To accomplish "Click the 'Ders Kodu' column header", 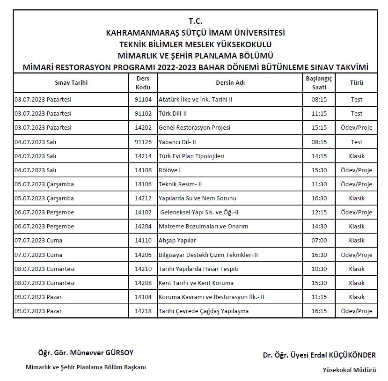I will (x=143, y=83).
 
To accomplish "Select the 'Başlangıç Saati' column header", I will (x=319, y=83).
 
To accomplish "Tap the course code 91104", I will (x=143, y=99).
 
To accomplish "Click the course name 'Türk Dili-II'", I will (x=173, y=113).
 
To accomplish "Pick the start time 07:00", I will (x=319, y=240).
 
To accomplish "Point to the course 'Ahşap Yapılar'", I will (x=177, y=240).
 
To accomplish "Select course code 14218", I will (x=143, y=311).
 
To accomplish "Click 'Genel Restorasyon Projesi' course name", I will (x=194, y=127).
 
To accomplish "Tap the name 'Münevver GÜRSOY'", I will (x=106, y=352).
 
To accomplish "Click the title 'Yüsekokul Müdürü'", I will (x=349, y=370).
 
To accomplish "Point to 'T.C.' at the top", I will (x=195, y=21).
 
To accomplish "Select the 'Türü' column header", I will (x=357, y=83).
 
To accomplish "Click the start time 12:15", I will (x=319, y=212).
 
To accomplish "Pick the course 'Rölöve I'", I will (x=169, y=170).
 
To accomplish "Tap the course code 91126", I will (x=143, y=142).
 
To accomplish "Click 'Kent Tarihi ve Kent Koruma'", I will (x=196, y=283).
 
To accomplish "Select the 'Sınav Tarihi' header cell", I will (x=71, y=83).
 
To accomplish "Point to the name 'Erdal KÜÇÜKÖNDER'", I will (x=347, y=355).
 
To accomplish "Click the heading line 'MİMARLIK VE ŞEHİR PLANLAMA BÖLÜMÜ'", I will (x=195, y=56).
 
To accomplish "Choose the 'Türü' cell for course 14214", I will (x=357, y=156).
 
